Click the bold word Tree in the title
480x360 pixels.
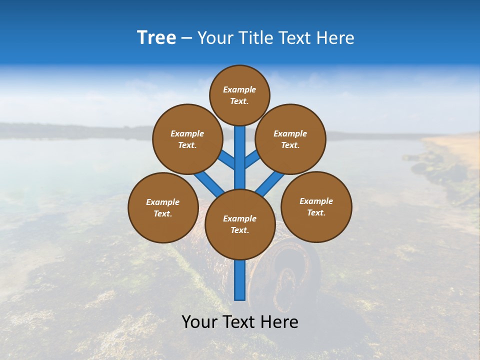(x=156, y=38)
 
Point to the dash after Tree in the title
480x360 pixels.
(x=187, y=38)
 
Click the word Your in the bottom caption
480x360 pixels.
(x=200, y=322)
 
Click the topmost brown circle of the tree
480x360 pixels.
(x=239, y=95)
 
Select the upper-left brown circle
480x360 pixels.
(x=187, y=139)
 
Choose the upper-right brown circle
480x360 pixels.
(x=290, y=139)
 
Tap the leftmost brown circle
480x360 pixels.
(x=163, y=207)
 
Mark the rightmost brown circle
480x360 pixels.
(x=316, y=206)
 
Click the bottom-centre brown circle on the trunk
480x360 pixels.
(x=239, y=224)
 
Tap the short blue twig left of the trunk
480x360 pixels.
(x=226, y=159)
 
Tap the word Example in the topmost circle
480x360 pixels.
(x=239, y=90)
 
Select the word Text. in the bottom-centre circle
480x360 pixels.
(x=239, y=230)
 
